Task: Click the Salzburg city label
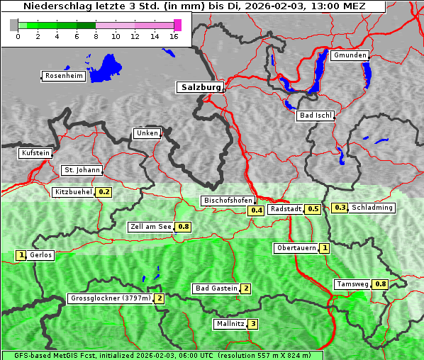(200, 87)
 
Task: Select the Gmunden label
(350, 55)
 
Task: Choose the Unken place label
(147, 133)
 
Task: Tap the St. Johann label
(82, 170)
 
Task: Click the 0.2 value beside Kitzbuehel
(104, 192)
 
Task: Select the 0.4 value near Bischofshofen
(256, 210)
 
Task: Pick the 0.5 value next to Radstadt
(313, 209)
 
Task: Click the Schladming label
(372, 208)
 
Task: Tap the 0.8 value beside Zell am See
(184, 227)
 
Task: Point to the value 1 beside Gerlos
(21, 255)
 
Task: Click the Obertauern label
(296, 248)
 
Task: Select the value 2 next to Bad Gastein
(246, 288)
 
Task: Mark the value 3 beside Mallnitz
(252, 324)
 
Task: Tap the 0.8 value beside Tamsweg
(381, 284)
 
